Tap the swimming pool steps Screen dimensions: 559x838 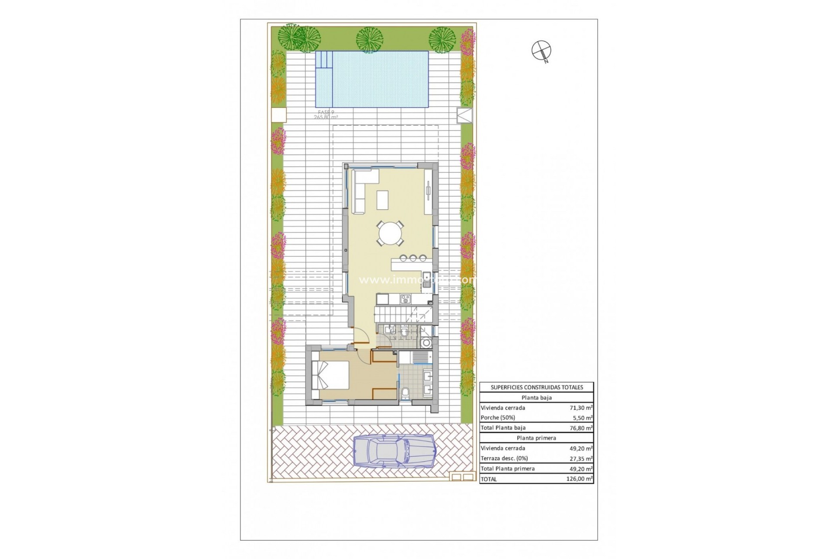[x=324, y=66]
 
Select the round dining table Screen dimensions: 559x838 [x=391, y=234]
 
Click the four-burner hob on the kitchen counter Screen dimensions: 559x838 [x=405, y=299]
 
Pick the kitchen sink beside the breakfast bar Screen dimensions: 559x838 [x=426, y=280]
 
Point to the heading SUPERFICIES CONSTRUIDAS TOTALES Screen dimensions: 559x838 [x=536, y=387]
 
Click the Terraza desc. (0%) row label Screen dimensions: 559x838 [x=504, y=459]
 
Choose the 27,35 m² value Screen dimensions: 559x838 [x=581, y=459]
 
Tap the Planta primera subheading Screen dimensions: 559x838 [x=536, y=438]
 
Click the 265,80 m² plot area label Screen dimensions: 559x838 [x=326, y=117]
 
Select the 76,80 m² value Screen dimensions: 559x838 [x=581, y=428]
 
